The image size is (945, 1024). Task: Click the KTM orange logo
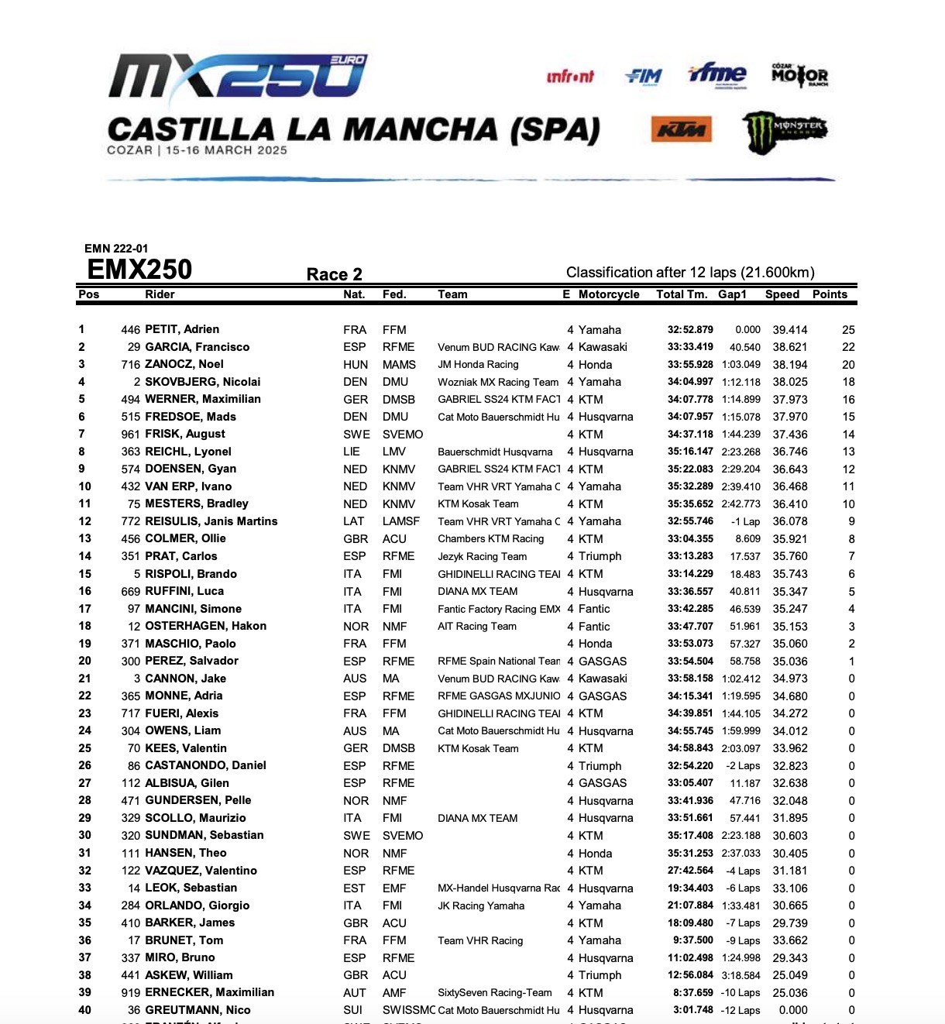point(681,130)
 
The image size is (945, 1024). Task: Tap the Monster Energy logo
point(784,130)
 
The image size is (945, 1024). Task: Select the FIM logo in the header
point(644,76)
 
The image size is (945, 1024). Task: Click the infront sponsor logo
point(570,76)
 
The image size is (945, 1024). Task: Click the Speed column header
point(782,294)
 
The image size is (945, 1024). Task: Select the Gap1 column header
point(732,294)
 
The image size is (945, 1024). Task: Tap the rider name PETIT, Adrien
point(182,329)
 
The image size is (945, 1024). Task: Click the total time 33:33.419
point(690,347)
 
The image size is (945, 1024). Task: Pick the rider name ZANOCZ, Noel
point(184,364)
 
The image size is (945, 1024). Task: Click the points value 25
point(848,330)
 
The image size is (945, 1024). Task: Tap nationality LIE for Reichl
point(352,452)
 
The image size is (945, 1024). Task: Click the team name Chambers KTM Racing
point(490,539)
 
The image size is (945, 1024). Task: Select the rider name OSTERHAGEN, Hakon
point(205,626)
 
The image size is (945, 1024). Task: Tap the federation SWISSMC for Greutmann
point(408,1010)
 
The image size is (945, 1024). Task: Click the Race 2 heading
point(334,274)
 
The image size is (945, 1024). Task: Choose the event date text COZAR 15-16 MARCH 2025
point(197,150)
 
